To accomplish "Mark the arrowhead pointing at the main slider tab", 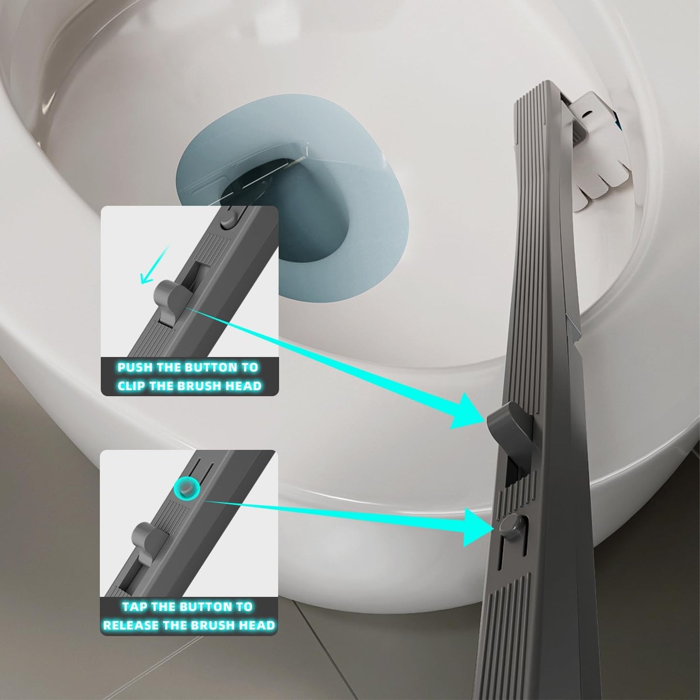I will [467, 412].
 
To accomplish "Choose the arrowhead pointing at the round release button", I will [477, 528].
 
